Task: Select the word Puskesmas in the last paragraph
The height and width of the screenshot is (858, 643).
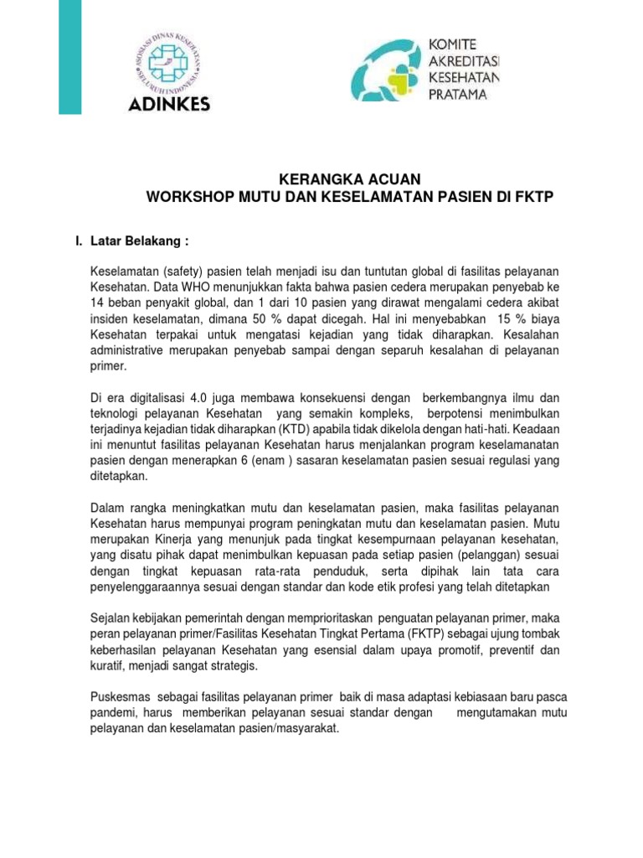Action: click(117, 698)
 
